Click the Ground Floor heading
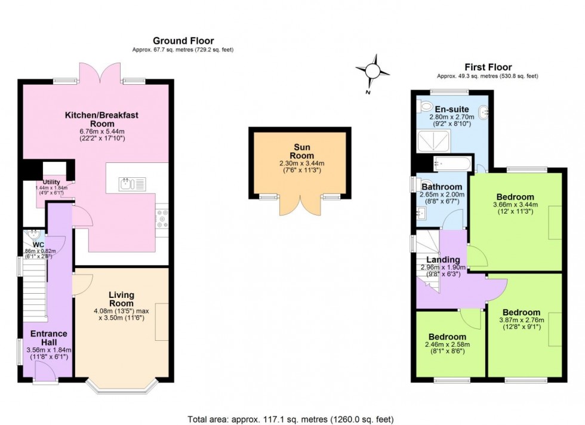coord(183,41)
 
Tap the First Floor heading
coord(488,67)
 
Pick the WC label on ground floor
coord(39,244)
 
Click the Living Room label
coord(121,299)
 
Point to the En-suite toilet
coord(426,106)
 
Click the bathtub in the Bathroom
coord(452,163)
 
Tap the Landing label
coord(443,260)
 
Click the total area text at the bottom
coord(291,420)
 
